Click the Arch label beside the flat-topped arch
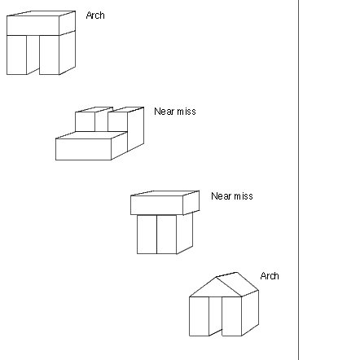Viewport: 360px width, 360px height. point(95,15)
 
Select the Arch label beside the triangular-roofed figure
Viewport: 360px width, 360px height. point(270,276)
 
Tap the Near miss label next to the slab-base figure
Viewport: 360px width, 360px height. point(175,112)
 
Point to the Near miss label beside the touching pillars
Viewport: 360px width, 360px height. point(232,196)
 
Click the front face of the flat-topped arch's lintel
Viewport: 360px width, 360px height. point(33,25)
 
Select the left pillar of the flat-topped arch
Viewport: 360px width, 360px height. point(16,55)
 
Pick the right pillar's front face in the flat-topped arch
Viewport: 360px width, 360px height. point(50,55)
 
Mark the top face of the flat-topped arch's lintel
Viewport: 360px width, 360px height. point(41,14)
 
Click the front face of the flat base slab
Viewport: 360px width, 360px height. point(83,149)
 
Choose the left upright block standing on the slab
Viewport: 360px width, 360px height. point(85,121)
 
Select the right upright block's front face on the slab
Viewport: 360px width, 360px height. point(117,121)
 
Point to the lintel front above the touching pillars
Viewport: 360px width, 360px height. point(156,205)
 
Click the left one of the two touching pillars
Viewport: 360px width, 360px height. point(147,235)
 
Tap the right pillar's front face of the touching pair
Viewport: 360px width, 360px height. point(167,235)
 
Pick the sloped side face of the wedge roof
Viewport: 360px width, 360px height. point(237,284)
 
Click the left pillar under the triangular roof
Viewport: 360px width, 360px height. point(199,316)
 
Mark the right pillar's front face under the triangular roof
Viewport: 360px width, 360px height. point(232,316)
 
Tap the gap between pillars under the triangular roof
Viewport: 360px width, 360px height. point(216,314)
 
